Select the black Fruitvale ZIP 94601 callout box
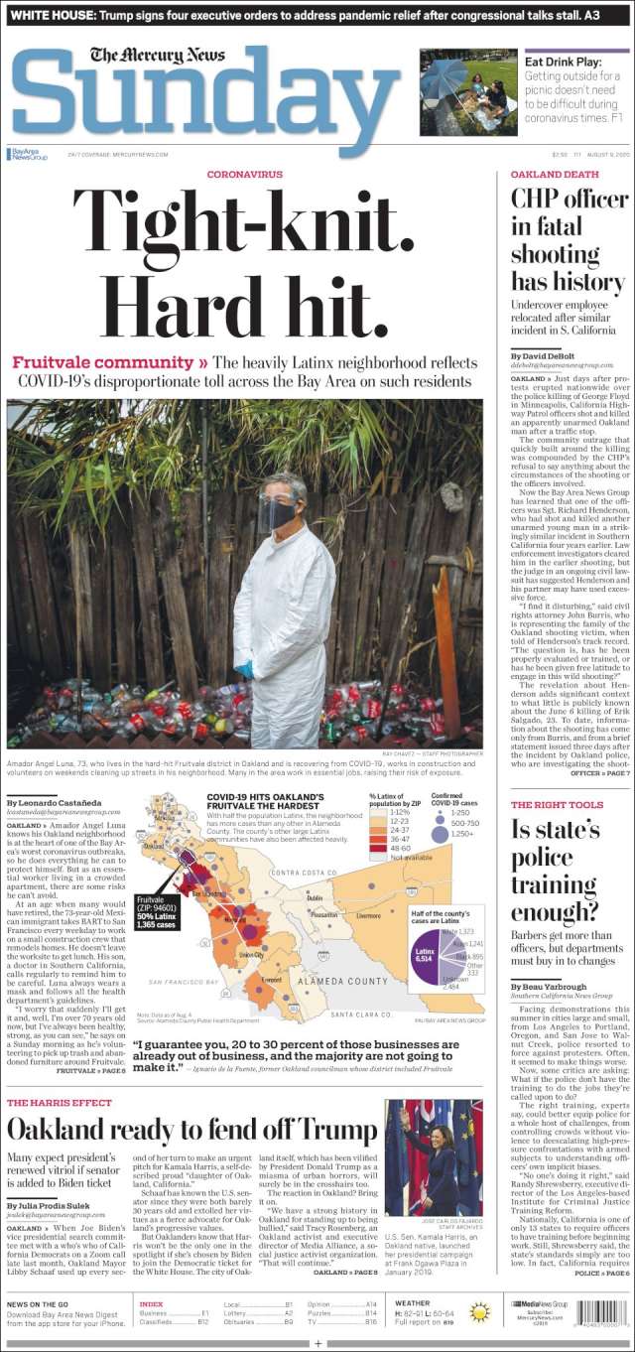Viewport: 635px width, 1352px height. click(157, 910)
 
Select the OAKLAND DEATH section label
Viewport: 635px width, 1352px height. click(555, 174)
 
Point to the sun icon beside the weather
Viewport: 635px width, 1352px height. click(480, 1312)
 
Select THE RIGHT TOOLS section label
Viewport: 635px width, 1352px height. click(557, 805)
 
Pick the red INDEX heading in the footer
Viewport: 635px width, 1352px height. click(152, 1303)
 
